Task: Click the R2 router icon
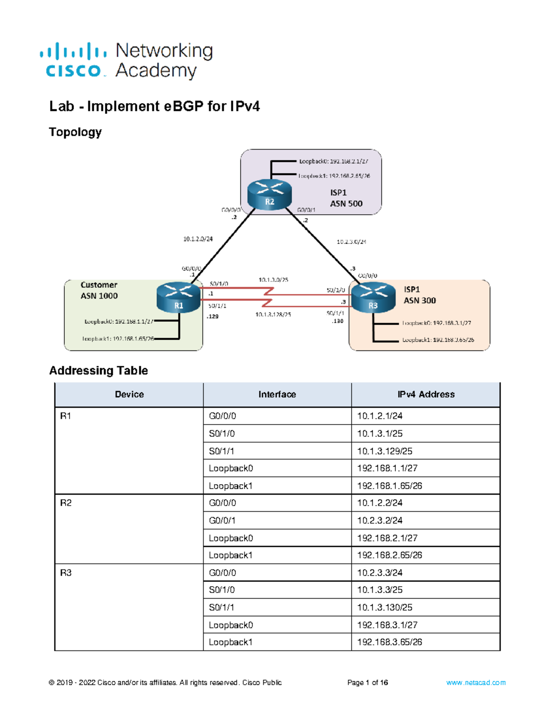270,194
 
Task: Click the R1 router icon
179,299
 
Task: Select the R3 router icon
373,299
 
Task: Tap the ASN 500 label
346,203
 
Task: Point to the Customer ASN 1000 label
99,290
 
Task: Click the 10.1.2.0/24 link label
198,239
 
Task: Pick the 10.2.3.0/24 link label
351,242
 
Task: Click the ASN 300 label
419,300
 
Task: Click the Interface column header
277,394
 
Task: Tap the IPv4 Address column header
425,394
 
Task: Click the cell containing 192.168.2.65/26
389,555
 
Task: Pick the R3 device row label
66,573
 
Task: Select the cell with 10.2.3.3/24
380,573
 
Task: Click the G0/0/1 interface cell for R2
222,520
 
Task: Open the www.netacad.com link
475,682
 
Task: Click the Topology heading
75,132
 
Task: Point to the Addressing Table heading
99,370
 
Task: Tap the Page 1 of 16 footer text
367,682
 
